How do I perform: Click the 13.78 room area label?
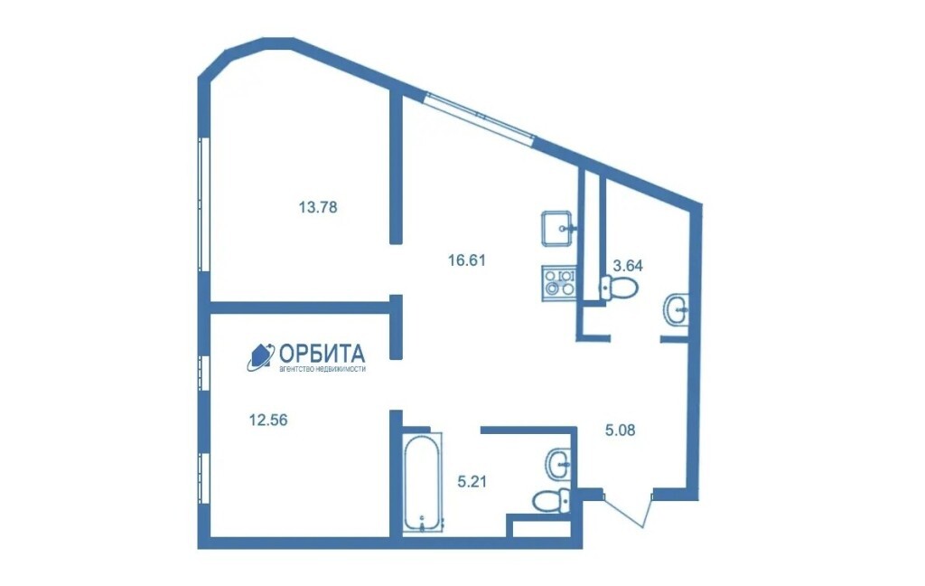[318, 207]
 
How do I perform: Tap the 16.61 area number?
[467, 260]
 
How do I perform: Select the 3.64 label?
[628, 266]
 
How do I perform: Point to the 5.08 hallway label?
[621, 430]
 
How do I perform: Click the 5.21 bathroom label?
[472, 482]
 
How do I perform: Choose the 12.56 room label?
[268, 420]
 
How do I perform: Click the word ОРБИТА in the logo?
[322, 354]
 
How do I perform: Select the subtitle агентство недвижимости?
[322, 369]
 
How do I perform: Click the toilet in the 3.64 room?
[619, 288]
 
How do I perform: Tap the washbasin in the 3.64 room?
[676, 309]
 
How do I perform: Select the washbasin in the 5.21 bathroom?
[559, 464]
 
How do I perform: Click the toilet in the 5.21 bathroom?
[551, 502]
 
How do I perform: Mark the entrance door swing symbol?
[627, 507]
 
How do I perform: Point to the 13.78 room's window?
[203, 204]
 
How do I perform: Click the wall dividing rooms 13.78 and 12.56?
[300, 307]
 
